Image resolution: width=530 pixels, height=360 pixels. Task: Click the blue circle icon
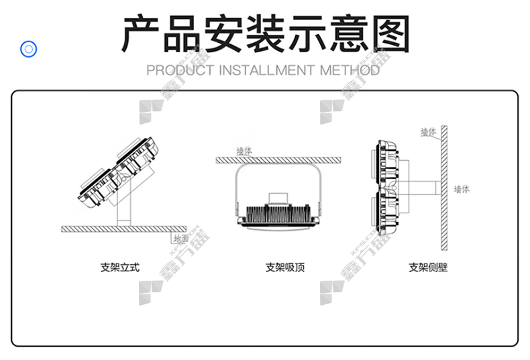(28, 49)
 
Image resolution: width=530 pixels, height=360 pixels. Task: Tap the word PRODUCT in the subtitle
(180, 70)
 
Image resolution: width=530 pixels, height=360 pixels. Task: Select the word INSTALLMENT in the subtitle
(267, 70)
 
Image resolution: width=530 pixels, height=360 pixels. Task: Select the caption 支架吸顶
(285, 267)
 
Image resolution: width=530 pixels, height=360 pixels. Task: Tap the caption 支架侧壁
(428, 267)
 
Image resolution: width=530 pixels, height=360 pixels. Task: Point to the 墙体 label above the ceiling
(244, 151)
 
